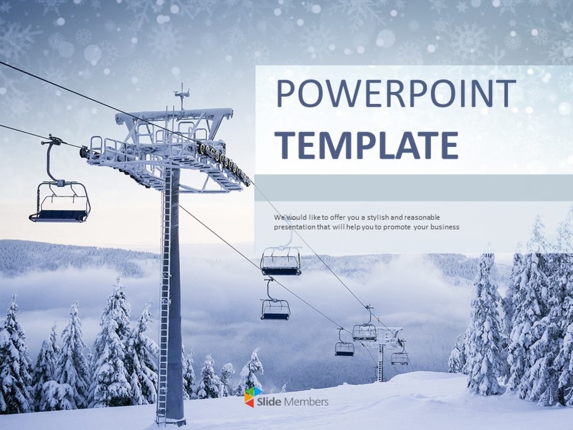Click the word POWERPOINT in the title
coord(395,94)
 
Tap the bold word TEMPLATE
coord(366,145)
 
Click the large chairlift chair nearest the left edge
coord(60,203)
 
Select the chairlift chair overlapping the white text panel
coord(281,261)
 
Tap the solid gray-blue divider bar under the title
coord(413,187)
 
